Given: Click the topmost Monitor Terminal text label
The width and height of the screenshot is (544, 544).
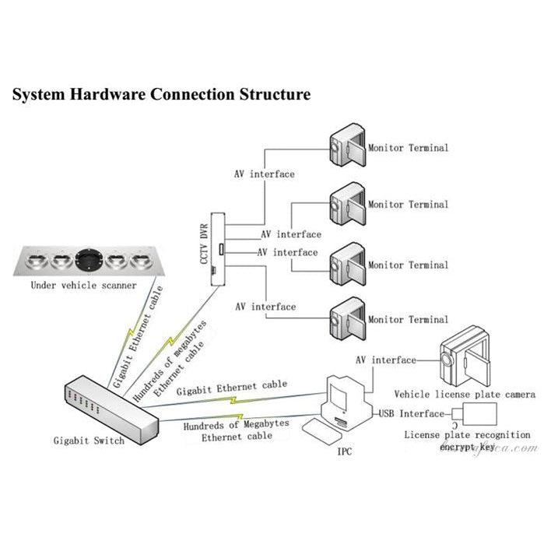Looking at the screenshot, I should (408, 147).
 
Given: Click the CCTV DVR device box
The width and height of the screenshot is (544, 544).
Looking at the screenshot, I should (220, 248).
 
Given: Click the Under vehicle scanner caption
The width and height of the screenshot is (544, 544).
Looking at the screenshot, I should (83, 286).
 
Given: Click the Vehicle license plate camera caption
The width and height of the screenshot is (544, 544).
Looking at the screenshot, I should (464, 395).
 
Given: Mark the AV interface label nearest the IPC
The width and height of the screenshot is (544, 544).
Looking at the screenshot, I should (385, 360).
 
